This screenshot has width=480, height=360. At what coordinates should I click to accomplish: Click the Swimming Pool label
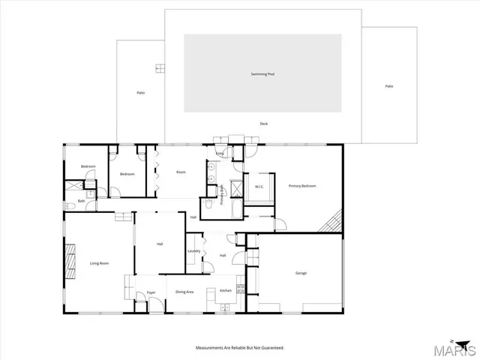tap(263, 74)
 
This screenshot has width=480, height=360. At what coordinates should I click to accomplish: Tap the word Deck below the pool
tap(263, 124)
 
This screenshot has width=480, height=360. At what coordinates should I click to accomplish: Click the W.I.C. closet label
tap(259, 187)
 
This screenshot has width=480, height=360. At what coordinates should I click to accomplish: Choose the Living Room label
tap(100, 263)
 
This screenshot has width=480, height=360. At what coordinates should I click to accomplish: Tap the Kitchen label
tap(225, 291)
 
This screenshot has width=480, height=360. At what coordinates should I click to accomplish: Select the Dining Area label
tap(184, 291)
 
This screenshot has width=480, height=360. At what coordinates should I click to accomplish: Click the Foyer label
tap(151, 292)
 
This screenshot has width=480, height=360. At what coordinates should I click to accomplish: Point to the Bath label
tap(81, 202)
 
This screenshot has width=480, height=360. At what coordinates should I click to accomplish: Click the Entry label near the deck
tap(220, 154)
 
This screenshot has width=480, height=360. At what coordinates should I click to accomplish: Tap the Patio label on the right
tap(389, 86)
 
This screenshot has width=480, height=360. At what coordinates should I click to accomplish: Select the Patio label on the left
tap(140, 93)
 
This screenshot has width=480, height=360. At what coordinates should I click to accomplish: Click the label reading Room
tap(181, 172)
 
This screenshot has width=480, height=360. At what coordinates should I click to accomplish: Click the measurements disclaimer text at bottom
tap(240, 348)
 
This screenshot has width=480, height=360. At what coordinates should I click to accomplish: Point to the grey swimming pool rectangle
tap(263, 90)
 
